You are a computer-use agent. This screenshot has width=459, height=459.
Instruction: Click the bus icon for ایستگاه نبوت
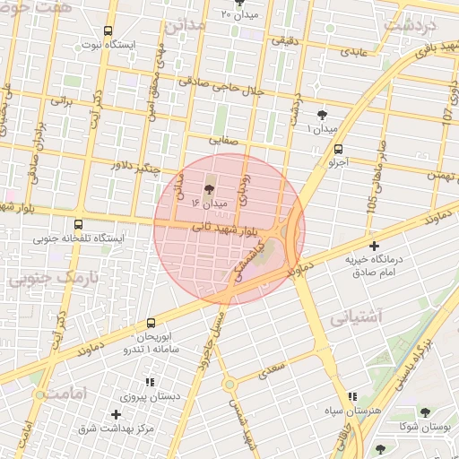[108, 30]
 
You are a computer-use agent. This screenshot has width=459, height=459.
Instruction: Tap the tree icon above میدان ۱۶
[210, 189]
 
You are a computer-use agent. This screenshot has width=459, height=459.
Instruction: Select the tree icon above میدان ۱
[323, 114]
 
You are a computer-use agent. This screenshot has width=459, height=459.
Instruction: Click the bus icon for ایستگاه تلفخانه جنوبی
[78, 225]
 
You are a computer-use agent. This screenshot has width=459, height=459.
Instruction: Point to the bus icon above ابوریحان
[150, 322]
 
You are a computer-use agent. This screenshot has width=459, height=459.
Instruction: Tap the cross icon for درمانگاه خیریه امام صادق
[375, 245]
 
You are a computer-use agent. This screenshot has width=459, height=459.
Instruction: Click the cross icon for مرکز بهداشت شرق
[116, 414]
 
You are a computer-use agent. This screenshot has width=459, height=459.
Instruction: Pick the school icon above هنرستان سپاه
[351, 395]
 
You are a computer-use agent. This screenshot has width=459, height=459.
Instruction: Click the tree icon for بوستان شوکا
[425, 412]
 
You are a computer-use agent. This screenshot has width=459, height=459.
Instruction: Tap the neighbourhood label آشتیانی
[356, 317]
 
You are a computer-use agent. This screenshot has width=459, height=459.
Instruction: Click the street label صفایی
[222, 140]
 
